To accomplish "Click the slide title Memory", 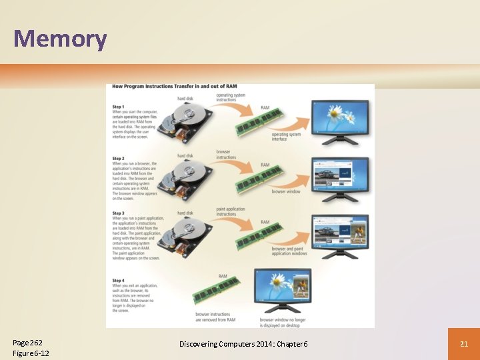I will tap(60, 39).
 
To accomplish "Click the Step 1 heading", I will tap(119, 107).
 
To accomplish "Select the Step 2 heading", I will tap(119, 159).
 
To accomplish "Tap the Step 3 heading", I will tap(119, 213).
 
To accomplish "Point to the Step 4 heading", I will tap(119, 281).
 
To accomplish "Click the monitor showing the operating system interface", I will tap(340, 119).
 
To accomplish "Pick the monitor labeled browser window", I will tap(340, 175).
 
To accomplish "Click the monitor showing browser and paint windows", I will tap(340, 231).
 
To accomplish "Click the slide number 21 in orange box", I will tap(463, 343).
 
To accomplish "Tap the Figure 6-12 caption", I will tap(31, 353).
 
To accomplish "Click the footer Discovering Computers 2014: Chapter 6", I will tap(243, 343).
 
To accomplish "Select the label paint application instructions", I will tap(231, 211).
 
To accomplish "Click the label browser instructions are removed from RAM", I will tap(215, 317).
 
